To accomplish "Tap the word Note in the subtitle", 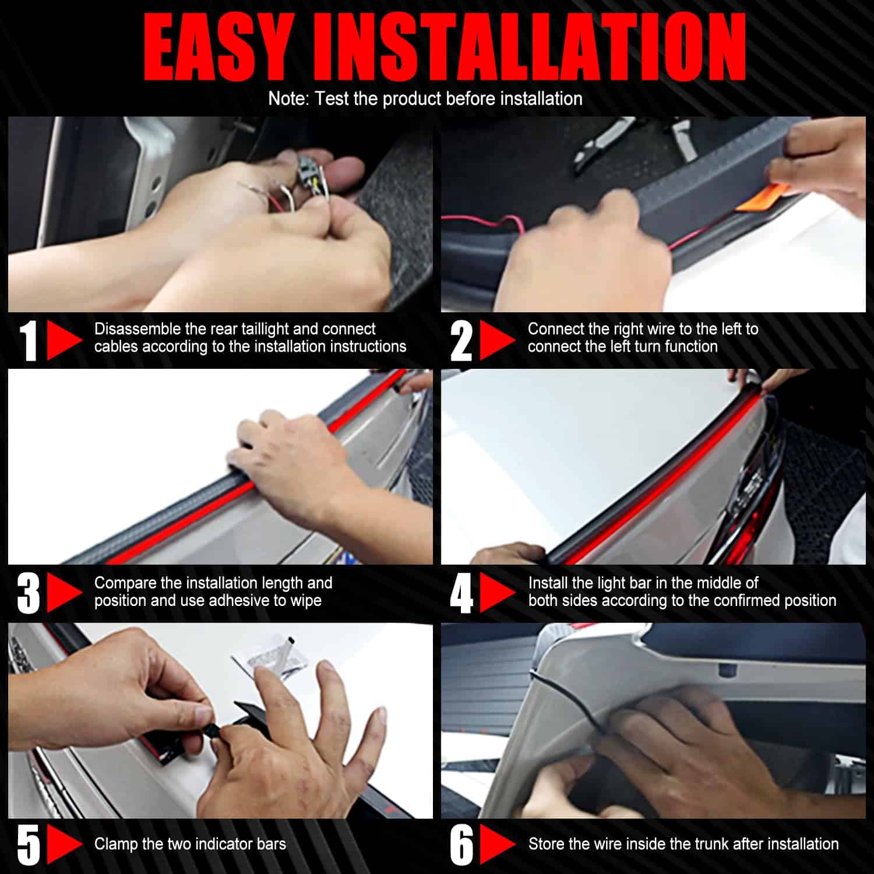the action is pos(288,98).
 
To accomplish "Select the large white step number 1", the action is pos(29,340).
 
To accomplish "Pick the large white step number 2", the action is pos(461,340).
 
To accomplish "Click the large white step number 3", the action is pos(29,593).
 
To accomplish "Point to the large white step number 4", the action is pos(461,593).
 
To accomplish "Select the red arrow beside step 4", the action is pos(496,593).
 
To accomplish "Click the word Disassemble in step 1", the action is pos(138,329).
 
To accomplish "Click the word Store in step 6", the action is pos(546,844).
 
